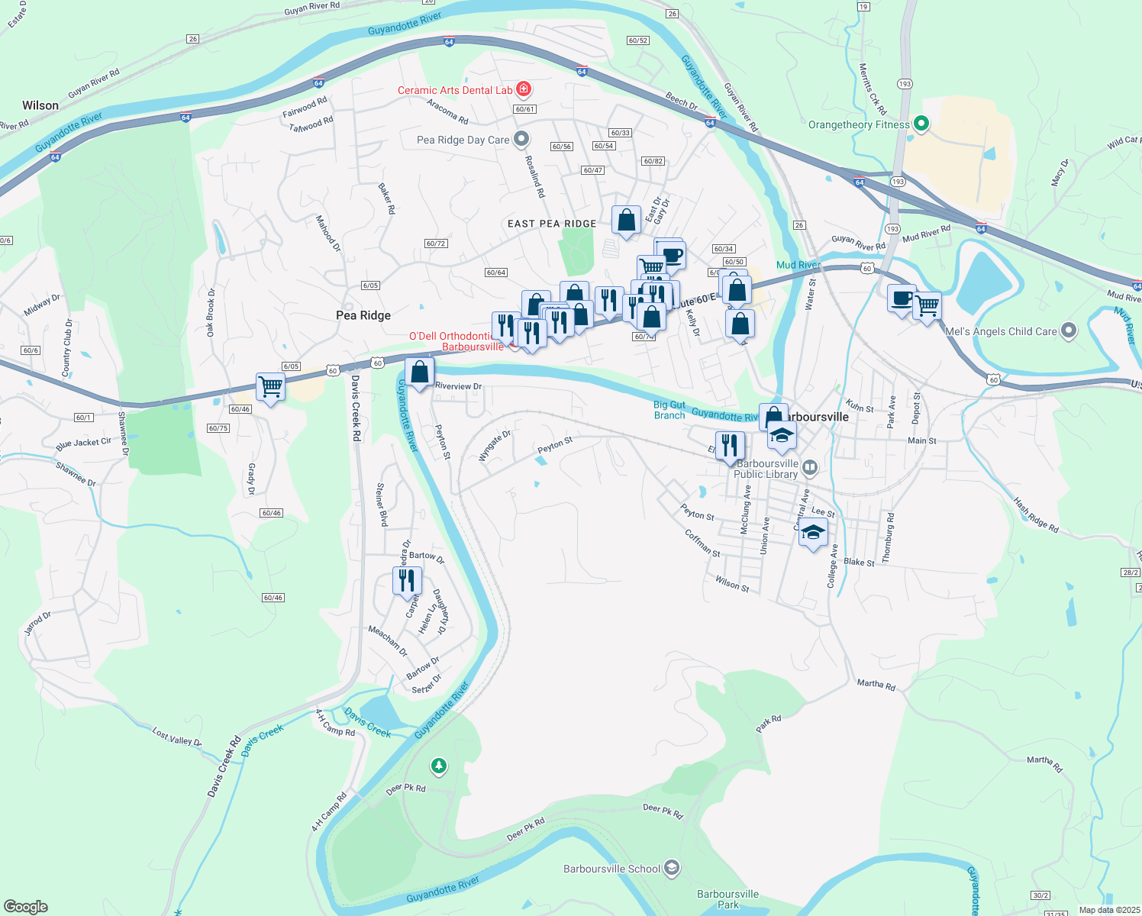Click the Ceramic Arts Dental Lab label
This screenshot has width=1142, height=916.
coord(455,90)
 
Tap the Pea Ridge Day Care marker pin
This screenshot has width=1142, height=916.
coord(522,139)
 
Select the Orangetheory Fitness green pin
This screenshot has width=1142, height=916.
coord(921,124)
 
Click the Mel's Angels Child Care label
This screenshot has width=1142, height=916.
coord(1001,331)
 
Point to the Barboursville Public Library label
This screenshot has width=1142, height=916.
coord(766,469)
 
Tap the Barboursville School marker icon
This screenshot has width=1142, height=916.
coord(672,867)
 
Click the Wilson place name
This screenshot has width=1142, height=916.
coord(40,105)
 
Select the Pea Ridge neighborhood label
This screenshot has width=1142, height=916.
coord(363,315)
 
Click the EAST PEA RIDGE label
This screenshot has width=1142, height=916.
coord(552,224)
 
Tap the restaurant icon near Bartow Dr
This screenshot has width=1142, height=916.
coord(407,580)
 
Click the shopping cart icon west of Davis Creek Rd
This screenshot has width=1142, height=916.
coord(270,386)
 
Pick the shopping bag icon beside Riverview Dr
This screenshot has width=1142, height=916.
coord(419,372)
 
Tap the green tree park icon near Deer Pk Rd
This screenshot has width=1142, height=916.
coord(438,765)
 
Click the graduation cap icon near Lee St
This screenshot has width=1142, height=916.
coord(813,531)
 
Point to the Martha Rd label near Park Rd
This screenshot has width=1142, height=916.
coord(876,685)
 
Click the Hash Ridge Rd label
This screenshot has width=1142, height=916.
coord(1036,515)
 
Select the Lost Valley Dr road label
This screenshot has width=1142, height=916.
coord(176,737)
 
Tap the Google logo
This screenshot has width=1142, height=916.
coord(26,907)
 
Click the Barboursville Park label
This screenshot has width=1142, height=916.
coord(728,899)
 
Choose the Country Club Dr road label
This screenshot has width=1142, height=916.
coord(67,347)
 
